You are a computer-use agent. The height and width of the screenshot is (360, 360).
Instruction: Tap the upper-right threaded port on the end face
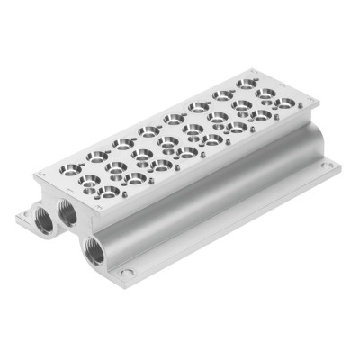click(x=67, y=212)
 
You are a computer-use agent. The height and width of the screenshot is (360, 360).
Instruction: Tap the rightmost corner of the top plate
click(x=317, y=104)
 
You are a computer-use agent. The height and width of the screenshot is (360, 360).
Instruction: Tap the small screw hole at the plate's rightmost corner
click(x=302, y=107)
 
